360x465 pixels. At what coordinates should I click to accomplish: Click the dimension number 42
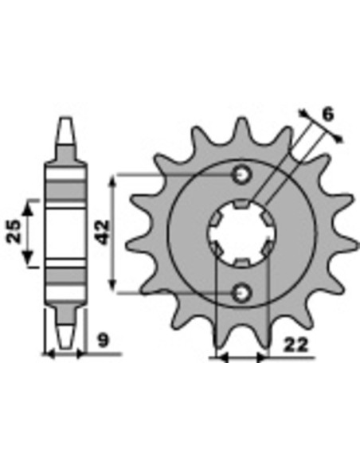click(104, 232)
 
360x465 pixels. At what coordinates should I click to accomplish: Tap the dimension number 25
click(14, 232)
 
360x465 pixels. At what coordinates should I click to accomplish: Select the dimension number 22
click(296, 346)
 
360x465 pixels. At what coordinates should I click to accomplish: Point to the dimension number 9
click(104, 341)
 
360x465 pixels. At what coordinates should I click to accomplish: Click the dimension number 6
click(328, 115)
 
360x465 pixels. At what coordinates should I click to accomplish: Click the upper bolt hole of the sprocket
click(242, 175)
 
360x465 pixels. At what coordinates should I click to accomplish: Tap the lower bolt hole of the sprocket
click(242, 293)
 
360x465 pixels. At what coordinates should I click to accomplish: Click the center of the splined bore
click(242, 232)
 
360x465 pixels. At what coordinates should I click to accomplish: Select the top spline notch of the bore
click(241, 204)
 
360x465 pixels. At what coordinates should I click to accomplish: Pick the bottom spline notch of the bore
click(241, 262)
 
